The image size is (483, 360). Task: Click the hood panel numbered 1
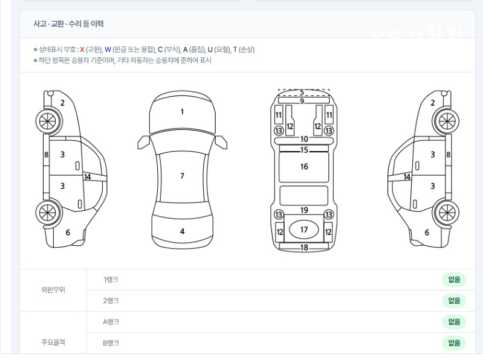coord(183,113)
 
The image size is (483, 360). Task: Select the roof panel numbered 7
coord(182,176)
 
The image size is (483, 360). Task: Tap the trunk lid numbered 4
coord(183,231)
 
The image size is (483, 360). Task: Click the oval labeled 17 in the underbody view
coord(303,230)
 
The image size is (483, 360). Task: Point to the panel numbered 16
coord(303,167)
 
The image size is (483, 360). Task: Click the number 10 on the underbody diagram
coord(304,139)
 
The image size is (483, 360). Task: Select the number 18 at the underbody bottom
coord(304,248)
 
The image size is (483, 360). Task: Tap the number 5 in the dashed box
coord(302,92)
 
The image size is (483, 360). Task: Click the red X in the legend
coord(82,50)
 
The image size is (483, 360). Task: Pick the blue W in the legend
coord(108,50)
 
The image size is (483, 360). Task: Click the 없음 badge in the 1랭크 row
coord(454,280)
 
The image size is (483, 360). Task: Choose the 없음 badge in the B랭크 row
coord(454,342)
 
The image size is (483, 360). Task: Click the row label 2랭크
coord(111,301)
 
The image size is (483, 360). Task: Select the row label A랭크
coord(111,322)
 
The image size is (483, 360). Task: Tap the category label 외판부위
coord(53,290)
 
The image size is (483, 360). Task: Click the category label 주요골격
coord(53,342)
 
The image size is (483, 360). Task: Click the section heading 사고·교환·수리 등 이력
coord(68,24)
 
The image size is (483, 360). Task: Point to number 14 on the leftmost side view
coord(88,177)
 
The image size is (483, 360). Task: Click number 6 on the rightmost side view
coord(427,233)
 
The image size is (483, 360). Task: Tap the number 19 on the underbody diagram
coord(304,210)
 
